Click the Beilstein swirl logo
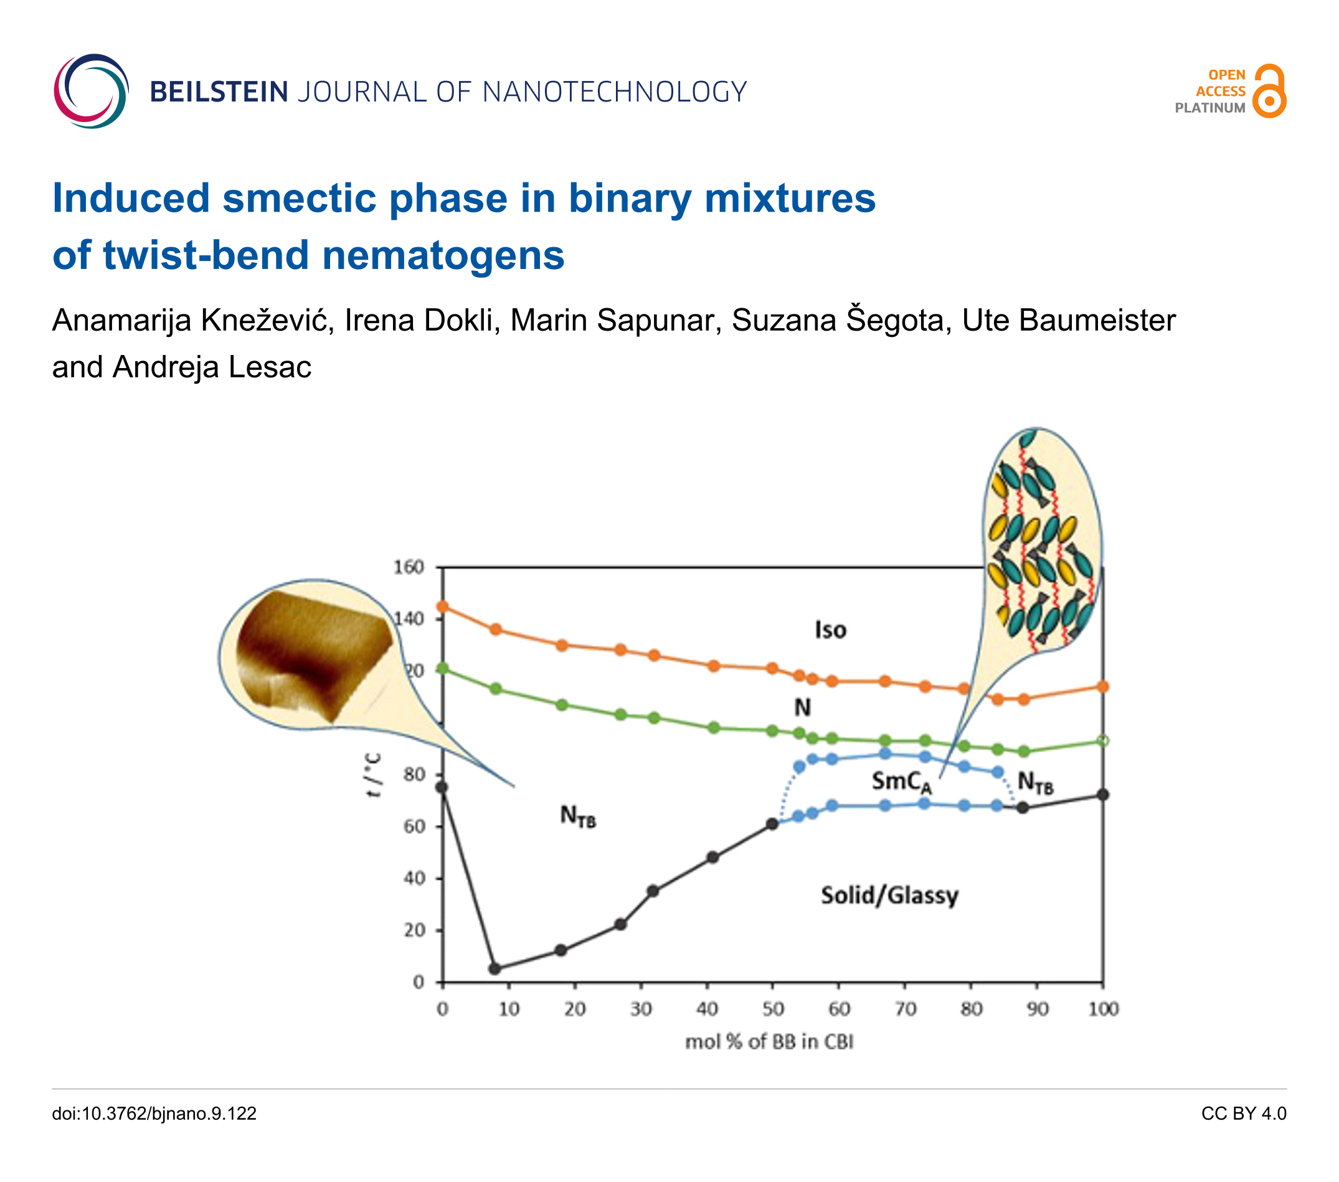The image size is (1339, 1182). point(90,91)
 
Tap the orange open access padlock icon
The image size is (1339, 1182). point(1270,91)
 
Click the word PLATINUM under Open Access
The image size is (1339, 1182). point(1209,108)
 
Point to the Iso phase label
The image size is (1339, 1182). point(830,630)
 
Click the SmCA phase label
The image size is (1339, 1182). point(901,781)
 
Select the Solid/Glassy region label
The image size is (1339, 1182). point(889,895)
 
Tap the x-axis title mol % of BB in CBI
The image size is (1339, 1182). point(769,1042)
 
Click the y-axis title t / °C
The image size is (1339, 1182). point(373,775)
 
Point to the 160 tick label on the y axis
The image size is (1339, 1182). point(409,567)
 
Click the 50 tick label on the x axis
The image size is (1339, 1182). point(773,1009)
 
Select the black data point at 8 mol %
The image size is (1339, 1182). point(495,968)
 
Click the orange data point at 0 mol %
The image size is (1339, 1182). point(443,607)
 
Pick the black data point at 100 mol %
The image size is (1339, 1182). point(1103,795)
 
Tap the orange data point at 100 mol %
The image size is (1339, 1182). point(1103,687)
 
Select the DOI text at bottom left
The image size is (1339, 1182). point(154,1114)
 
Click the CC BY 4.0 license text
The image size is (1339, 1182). point(1243,1114)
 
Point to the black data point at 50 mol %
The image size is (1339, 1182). point(772,825)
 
